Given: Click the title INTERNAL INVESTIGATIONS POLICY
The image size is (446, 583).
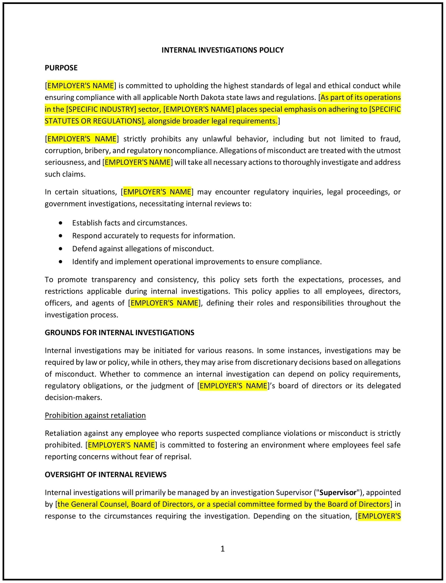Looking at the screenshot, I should tap(223, 50).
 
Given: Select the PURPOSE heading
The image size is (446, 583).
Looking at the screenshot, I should tap(61, 68).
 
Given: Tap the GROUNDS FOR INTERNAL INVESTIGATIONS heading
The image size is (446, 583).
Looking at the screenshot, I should tap(119, 333).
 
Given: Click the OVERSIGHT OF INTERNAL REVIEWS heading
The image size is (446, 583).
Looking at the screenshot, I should tap(105, 474).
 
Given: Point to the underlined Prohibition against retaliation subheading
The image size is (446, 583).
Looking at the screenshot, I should tap(95, 415).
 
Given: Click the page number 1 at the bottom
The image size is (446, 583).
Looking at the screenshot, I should tap(223, 549).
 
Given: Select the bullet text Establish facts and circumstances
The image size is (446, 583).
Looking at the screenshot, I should tap(130, 223).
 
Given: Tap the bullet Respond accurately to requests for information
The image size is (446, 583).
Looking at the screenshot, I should tap(153, 236).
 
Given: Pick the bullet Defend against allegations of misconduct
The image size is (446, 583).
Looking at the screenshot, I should tap(143, 248).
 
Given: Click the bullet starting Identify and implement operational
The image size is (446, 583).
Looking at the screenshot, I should tap(197, 261).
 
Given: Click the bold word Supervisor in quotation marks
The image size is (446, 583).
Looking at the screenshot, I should tap(338, 492).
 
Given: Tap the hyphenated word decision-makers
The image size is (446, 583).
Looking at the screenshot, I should tap(73, 397).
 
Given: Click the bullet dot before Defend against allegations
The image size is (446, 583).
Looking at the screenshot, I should tap(61, 249).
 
